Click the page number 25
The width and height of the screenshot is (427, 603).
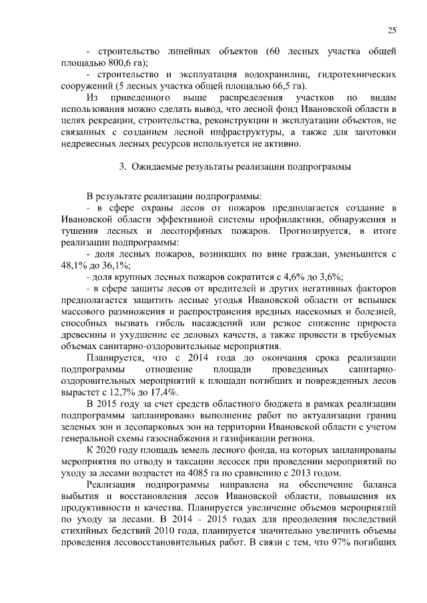392,30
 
